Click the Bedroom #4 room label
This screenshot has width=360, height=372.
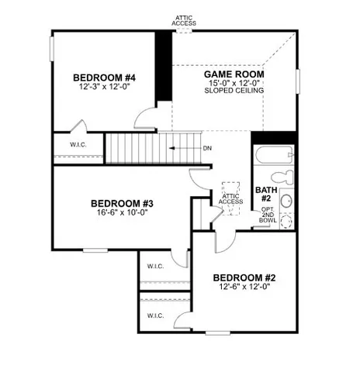tap(105, 77)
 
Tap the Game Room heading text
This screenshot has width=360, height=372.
tap(234, 73)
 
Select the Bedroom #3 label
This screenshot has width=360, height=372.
tap(113, 204)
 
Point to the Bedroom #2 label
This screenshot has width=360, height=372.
tap(244, 277)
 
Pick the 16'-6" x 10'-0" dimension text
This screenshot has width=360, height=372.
tap(113, 213)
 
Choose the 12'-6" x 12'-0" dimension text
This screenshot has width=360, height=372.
tap(244, 287)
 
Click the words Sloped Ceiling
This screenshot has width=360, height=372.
tap(234, 91)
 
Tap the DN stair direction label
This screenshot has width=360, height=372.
tap(207, 147)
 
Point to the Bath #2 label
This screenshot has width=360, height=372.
tap(265, 193)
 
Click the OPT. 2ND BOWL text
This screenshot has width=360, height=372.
tap(268, 215)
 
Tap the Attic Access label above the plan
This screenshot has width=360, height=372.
tap(184, 20)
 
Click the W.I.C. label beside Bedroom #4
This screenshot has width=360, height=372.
tap(78, 144)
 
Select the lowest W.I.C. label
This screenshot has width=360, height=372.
tap(154, 315)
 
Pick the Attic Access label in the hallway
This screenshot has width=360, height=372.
tap(231, 200)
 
